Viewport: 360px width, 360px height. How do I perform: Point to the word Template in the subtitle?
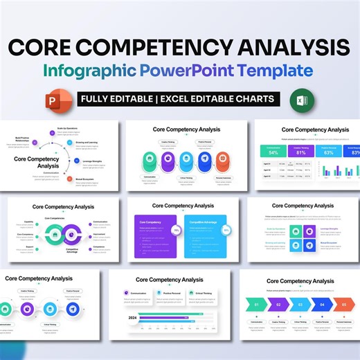268,70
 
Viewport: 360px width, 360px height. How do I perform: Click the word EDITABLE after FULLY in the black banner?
137,98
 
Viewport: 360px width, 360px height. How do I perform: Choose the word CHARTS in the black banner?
252,98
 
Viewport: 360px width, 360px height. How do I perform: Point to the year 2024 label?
132,318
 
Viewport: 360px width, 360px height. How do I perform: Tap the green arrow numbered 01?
258,304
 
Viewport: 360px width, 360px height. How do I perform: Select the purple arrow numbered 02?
278,304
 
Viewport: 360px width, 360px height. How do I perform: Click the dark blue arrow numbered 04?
322,304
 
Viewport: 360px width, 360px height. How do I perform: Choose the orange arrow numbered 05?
343,304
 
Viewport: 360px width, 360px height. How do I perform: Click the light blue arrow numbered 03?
300,304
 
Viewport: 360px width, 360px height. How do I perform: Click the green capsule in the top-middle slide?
149,161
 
